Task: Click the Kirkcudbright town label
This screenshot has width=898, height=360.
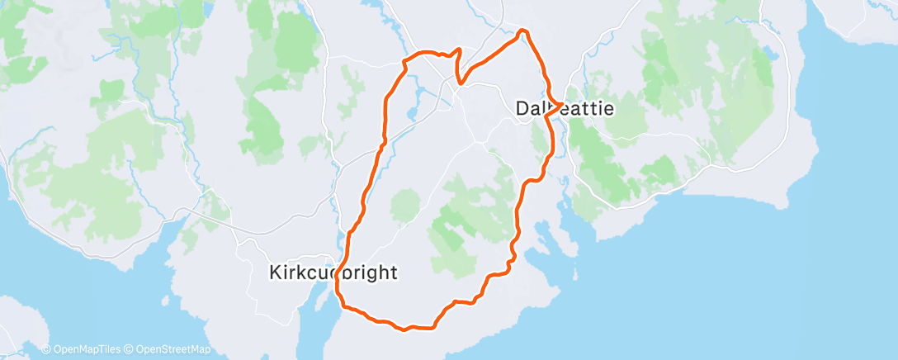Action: point(334,272)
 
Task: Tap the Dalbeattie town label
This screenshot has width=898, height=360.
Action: point(565,107)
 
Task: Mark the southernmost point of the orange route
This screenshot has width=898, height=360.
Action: point(404,331)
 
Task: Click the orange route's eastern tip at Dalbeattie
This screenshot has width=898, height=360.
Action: point(562,104)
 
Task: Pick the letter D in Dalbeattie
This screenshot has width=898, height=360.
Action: point(522,107)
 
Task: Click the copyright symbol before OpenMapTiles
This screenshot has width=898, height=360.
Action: point(45,348)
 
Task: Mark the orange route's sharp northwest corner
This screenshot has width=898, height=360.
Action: point(404,61)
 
